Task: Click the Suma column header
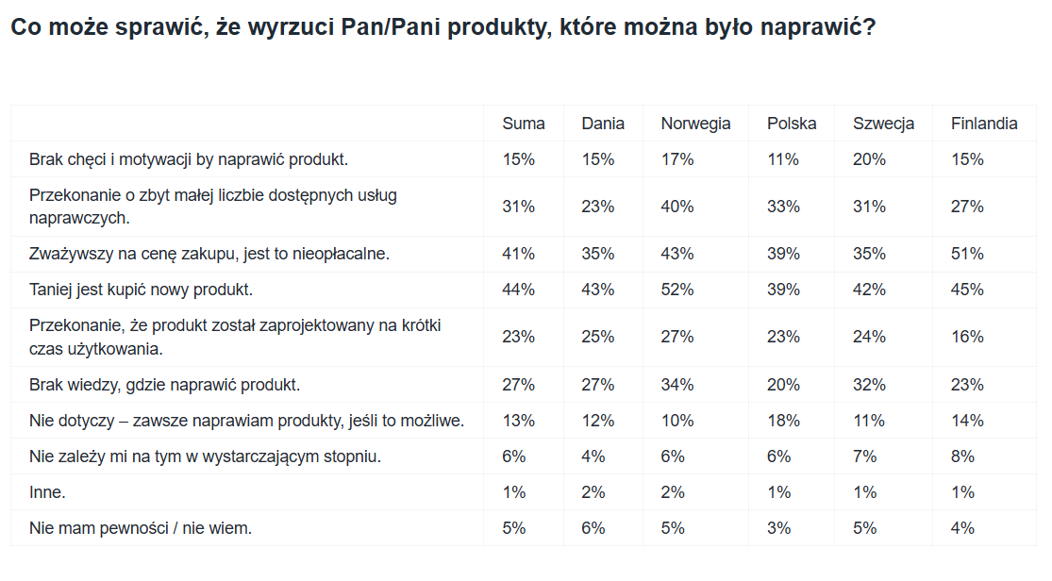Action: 524,124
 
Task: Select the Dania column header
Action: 603,124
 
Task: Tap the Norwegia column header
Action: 695,124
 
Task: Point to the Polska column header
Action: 792,124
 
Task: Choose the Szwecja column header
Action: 883,124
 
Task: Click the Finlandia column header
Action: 983,124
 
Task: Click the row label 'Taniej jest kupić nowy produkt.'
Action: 141,290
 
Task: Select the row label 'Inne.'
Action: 47,492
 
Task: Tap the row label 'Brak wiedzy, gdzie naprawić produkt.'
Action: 164,385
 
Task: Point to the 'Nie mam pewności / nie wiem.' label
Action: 141,529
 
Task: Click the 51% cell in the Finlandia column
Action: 967,255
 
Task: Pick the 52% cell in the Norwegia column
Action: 676,290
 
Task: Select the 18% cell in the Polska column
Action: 784,422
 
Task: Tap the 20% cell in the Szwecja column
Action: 869,159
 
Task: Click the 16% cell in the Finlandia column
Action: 967,337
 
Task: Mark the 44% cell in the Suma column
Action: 519,290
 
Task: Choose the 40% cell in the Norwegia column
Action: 676,207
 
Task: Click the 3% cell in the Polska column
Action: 779,529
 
